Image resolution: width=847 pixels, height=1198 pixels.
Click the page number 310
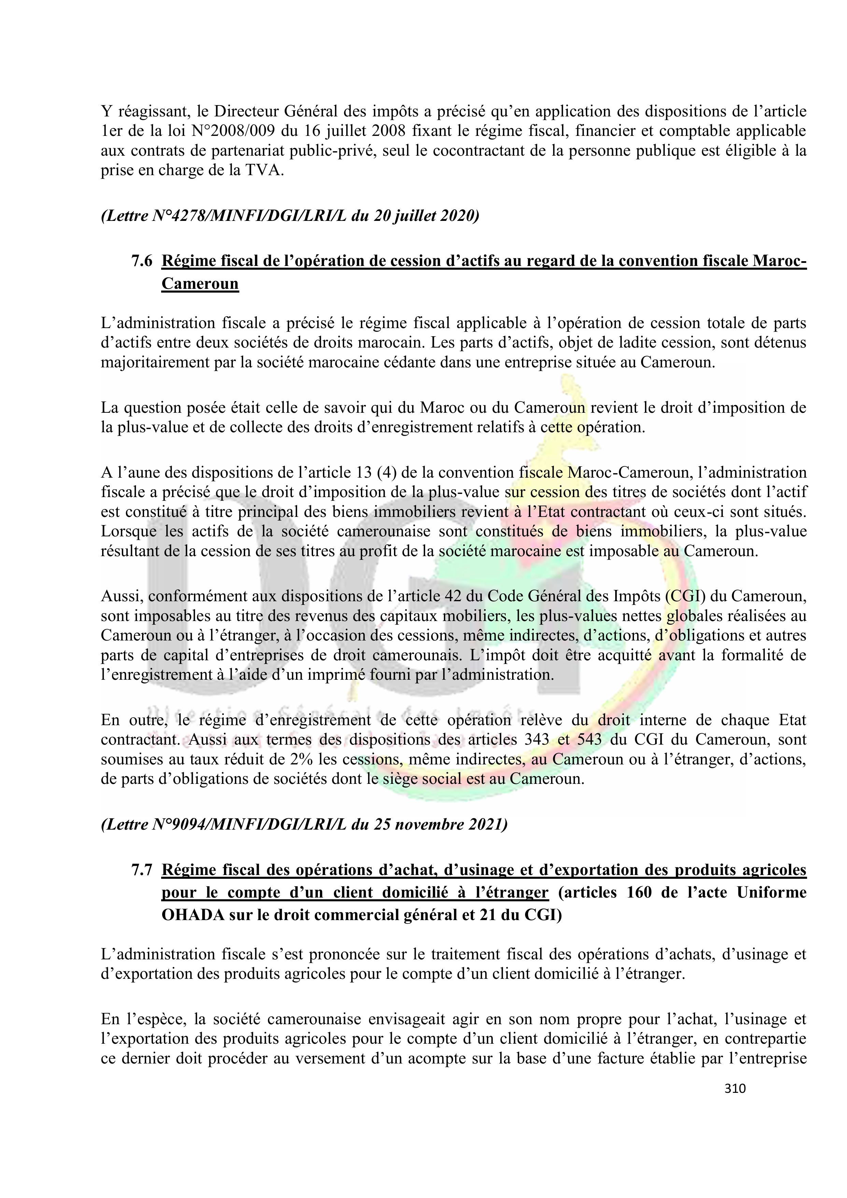pos(735,1088)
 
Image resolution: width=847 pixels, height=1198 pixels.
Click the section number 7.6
pos(141,261)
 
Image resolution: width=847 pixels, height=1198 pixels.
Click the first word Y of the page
pos(106,112)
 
